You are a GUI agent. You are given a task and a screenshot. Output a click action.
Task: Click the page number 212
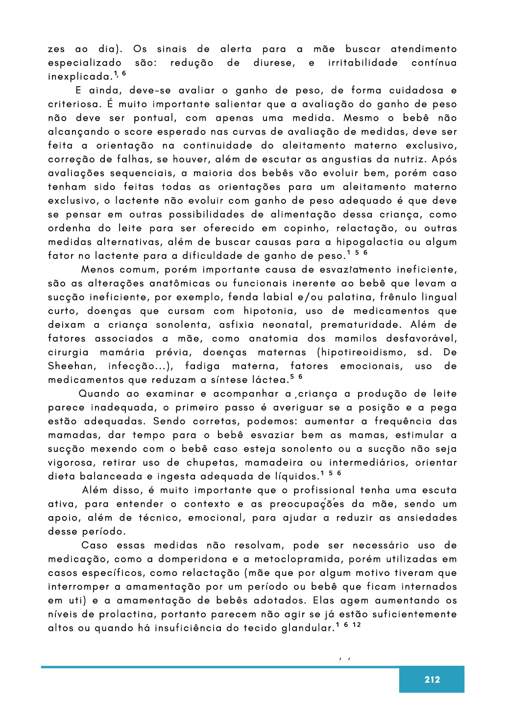point(432,679)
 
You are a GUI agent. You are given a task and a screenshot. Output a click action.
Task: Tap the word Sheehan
point(72,366)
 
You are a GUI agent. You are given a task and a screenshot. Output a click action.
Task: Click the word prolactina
point(127,614)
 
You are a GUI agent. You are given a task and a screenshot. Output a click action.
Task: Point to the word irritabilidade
point(362,63)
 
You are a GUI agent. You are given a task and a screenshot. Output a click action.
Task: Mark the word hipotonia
point(268,311)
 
